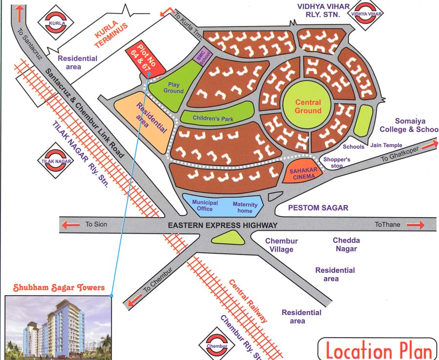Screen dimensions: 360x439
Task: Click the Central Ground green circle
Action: (x=308, y=106)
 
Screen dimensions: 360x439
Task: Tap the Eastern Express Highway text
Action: (x=222, y=225)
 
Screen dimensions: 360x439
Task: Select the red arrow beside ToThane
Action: (x=415, y=225)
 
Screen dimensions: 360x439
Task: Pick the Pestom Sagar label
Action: (x=318, y=208)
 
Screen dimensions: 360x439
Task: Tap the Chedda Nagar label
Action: (x=346, y=244)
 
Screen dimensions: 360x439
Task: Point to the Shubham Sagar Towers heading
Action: (x=59, y=288)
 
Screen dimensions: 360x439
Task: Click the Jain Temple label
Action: (x=386, y=145)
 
